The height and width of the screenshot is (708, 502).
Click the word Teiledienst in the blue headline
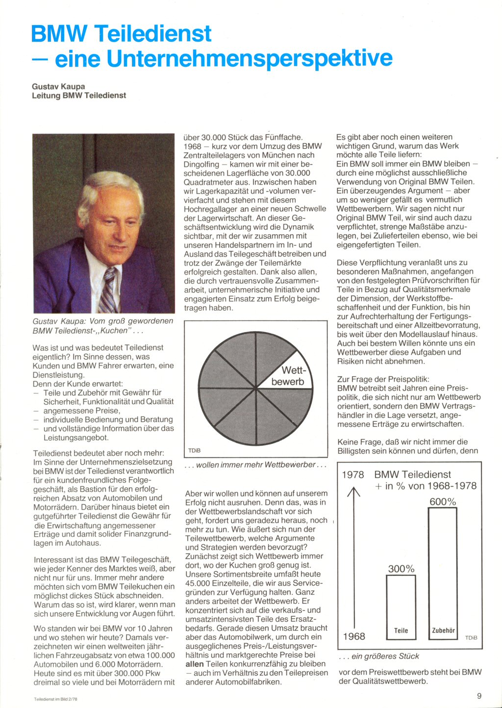(x=153, y=33)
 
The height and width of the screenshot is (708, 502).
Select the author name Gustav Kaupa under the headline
(x=58, y=86)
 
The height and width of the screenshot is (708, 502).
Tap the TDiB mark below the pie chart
(x=195, y=450)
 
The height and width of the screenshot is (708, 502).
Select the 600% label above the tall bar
(x=443, y=502)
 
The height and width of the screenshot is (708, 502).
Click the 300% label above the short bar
(x=401, y=569)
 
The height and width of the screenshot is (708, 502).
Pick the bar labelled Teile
(x=401, y=608)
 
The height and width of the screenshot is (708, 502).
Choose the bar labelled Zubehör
(x=443, y=573)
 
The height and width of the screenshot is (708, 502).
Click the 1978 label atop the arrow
(x=353, y=474)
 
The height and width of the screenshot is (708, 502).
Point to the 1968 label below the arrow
(x=354, y=636)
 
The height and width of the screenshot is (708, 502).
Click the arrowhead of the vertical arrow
(x=353, y=489)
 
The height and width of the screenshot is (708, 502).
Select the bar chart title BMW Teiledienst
(x=412, y=474)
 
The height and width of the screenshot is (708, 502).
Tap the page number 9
(x=479, y=696)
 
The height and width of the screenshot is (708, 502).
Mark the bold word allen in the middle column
(x=195, y=664)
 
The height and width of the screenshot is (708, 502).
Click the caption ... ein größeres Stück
(x=379, y=656)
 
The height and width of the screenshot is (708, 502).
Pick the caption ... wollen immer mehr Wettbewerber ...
(x=255, y=464)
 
